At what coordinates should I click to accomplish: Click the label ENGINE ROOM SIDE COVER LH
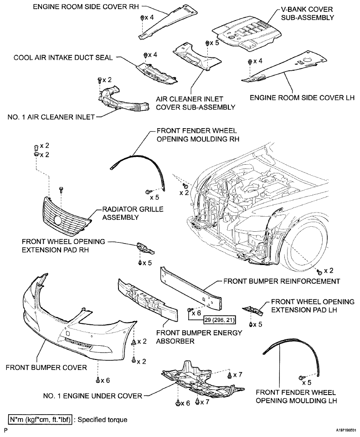(x=302, y=98)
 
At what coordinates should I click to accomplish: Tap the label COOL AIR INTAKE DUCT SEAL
(x=63, y=57)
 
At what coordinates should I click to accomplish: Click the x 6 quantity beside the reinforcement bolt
(x=197, y=313)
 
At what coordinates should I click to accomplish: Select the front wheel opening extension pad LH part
(x=252, y=310)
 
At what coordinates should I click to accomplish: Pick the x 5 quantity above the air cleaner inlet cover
(x=214, y=42)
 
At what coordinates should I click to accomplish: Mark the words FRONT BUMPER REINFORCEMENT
(x=282, y=281)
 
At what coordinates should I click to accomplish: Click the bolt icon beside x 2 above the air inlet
(x=99, y=80)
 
